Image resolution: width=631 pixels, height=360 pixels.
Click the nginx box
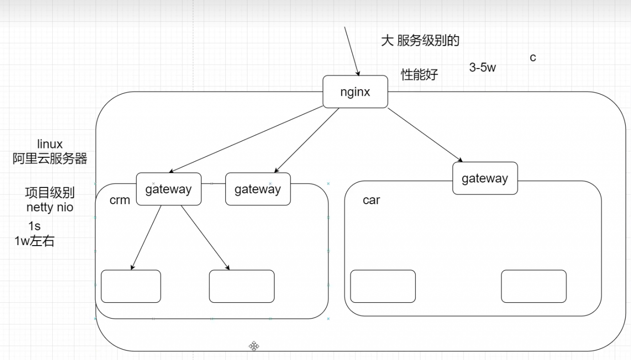[355, 92]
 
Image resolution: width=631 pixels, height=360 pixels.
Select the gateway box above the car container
[485, 178]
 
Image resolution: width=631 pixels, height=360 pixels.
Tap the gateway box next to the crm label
[168, 189]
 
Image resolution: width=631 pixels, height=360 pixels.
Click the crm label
[120, 200]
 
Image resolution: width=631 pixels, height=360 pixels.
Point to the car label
[371, 200]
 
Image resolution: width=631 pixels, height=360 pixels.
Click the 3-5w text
[482, 68]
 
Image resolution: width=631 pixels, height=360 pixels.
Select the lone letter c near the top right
[533, 57]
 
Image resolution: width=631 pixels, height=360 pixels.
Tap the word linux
[50, 144]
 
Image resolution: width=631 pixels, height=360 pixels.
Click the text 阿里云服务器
[50, 158]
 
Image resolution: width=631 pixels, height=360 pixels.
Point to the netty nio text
[50, 207]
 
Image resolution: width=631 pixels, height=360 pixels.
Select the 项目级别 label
[50, 193]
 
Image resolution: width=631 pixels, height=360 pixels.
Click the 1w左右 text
[35, 241]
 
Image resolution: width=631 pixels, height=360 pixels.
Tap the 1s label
[35, 226]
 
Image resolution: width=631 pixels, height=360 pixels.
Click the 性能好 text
[419, 75]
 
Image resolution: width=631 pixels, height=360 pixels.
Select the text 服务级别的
[428, 40]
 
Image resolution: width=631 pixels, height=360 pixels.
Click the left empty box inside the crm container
[131, 286]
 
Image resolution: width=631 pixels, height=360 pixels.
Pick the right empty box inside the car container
[533, 286]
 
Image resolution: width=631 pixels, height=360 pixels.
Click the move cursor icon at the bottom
[254, 346]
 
